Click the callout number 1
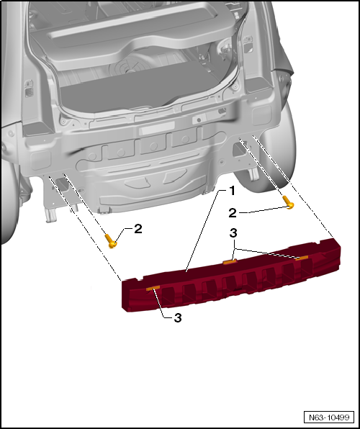[232, 191]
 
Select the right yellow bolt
[289, 202]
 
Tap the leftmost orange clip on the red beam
[153, 288]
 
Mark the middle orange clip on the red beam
[230, 262]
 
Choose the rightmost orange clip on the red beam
[302, 257]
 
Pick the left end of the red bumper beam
[127, 295]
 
